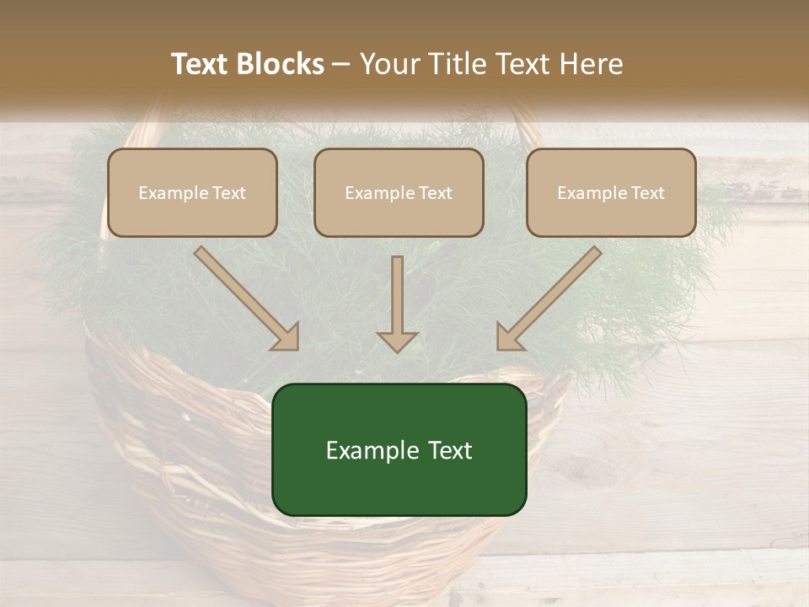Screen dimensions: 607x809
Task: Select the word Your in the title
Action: [389, 64]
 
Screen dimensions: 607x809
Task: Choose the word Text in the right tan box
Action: [647, 193]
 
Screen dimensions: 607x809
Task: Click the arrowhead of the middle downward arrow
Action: [397, 341]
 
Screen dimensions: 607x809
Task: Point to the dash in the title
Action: [341, 65]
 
